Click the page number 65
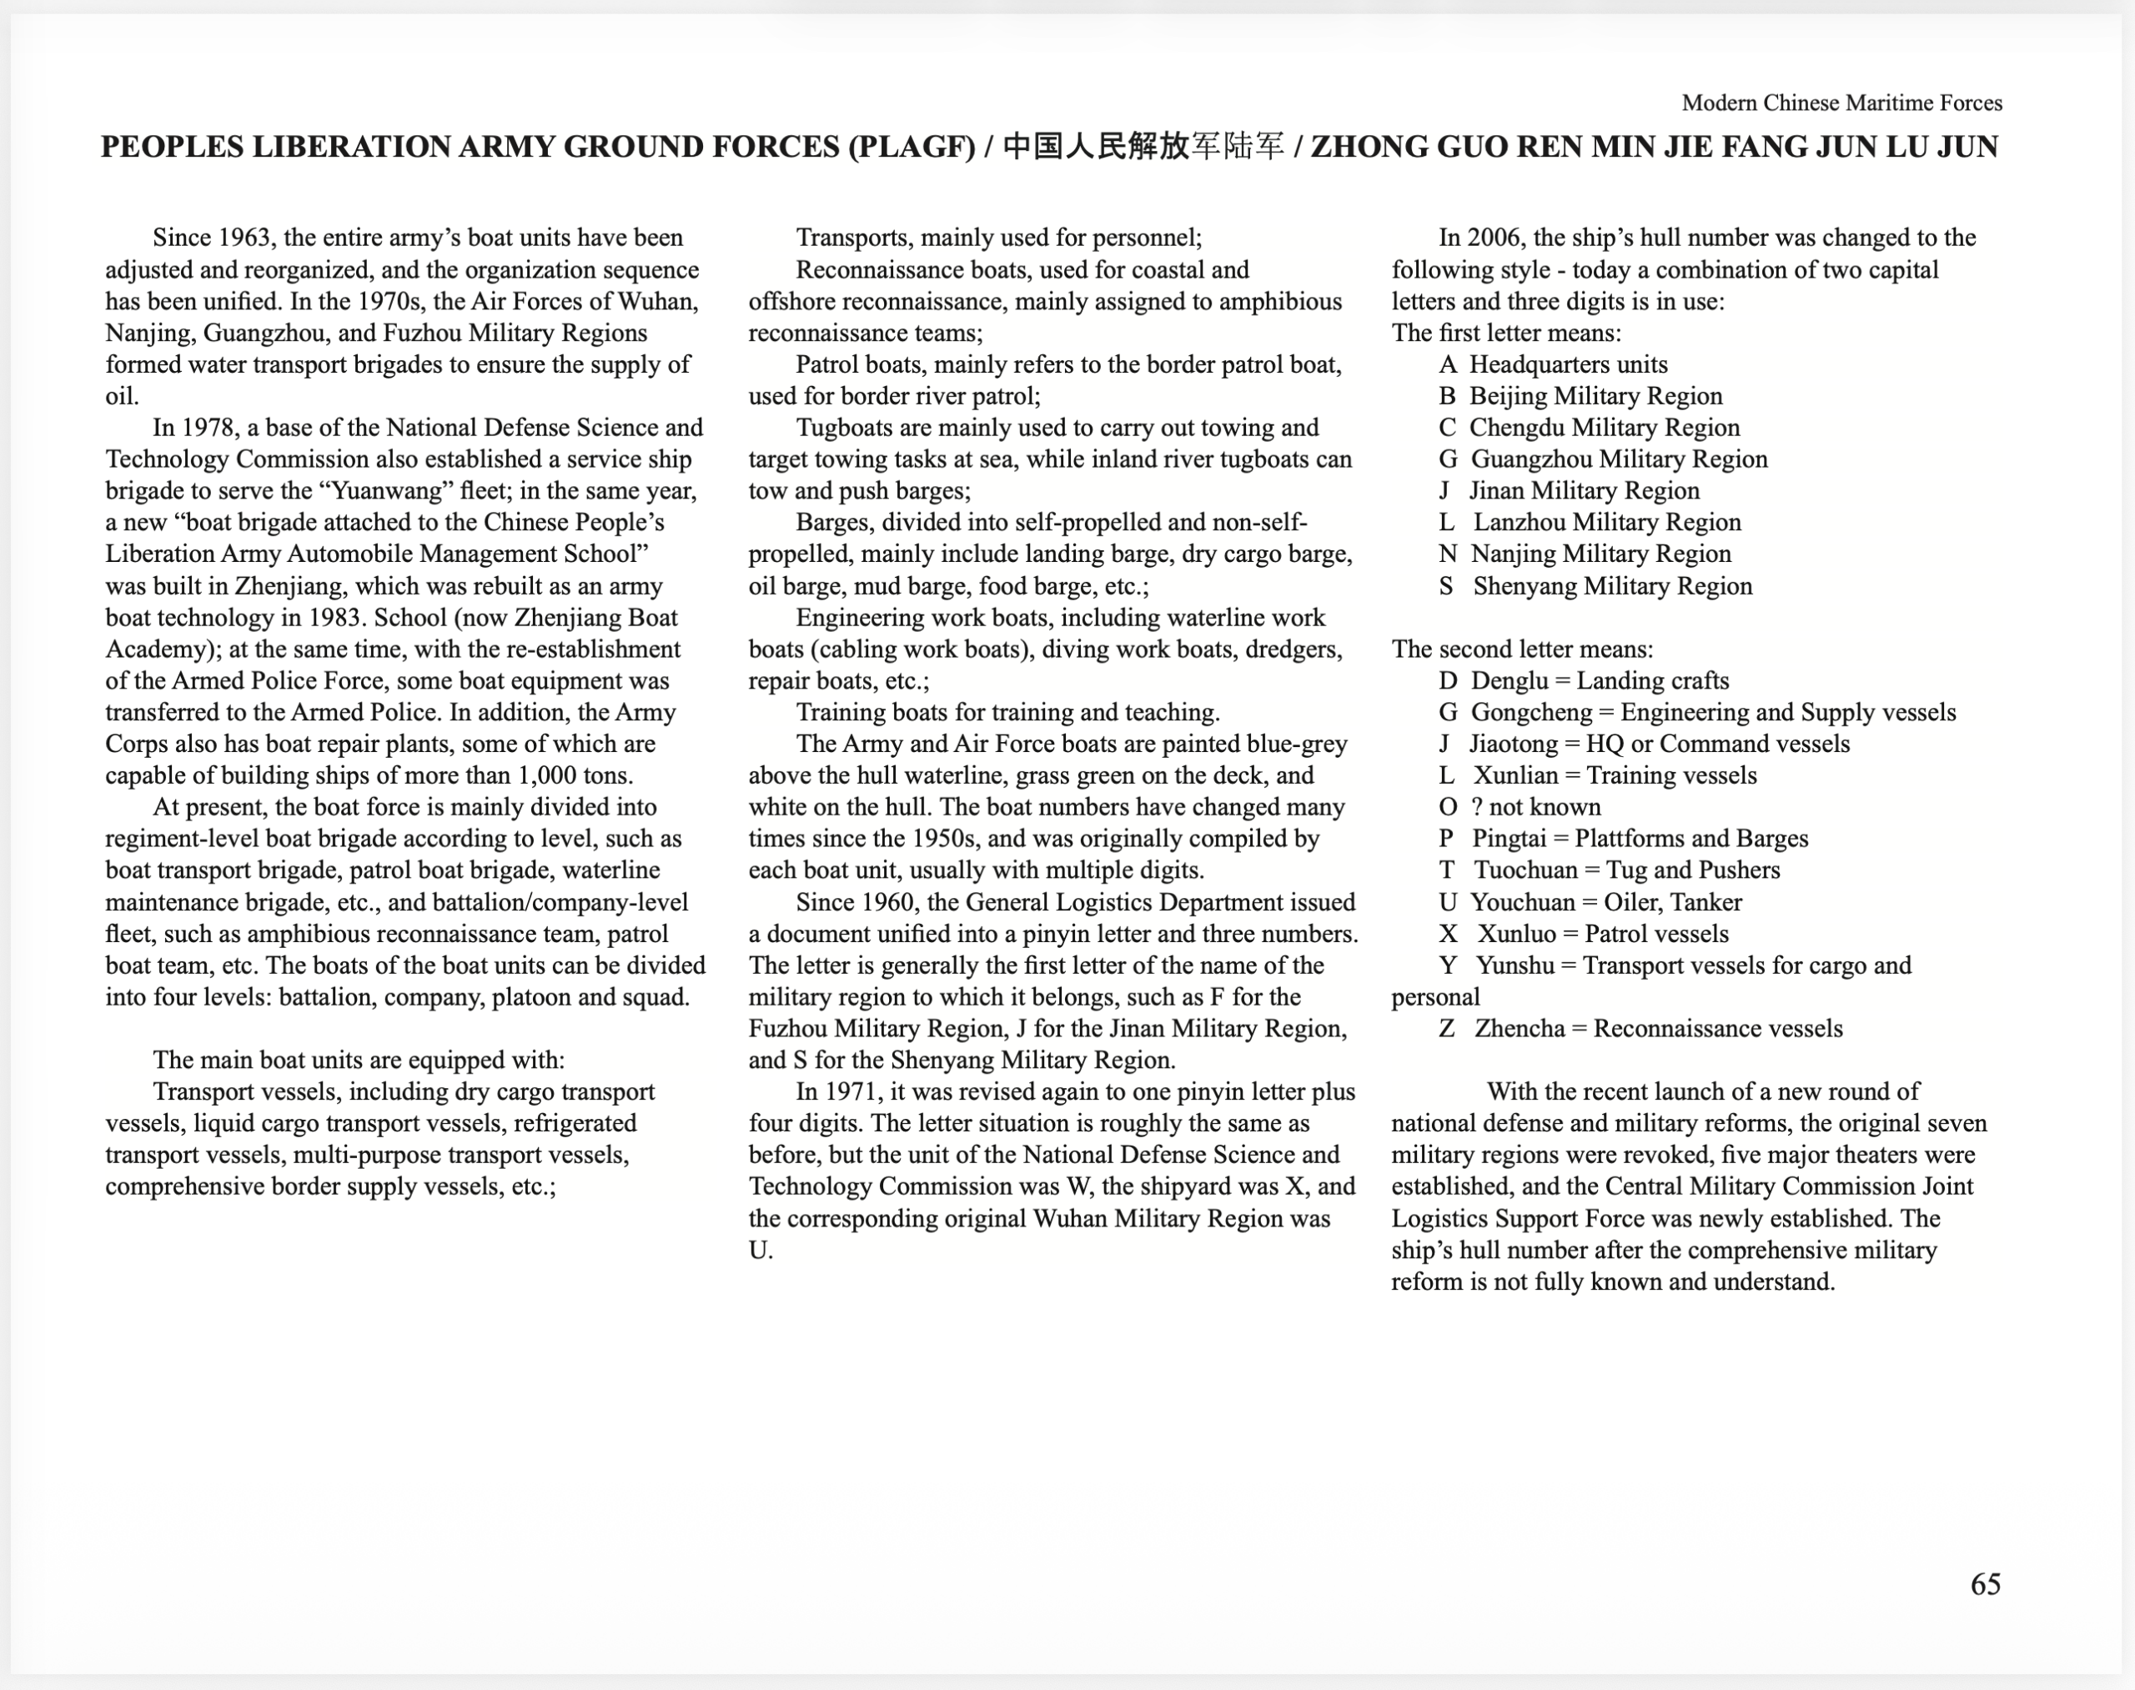click(1985, 1584)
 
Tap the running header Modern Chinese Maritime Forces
click(1841, 103)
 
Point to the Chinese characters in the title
click(1143, 148)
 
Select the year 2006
click(1494, 238)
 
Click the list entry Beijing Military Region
click(1595, 396)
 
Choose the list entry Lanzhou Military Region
click(1606, 523)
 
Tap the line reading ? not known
click(1535, 807)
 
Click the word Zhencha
click(1520, 1029)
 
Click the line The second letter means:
click(1522, 649)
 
